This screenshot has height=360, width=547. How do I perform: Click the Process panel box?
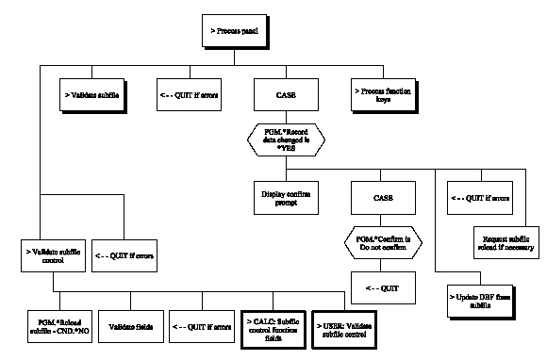tap(238, 30)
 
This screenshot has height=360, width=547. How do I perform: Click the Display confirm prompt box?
tap(287, 195)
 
